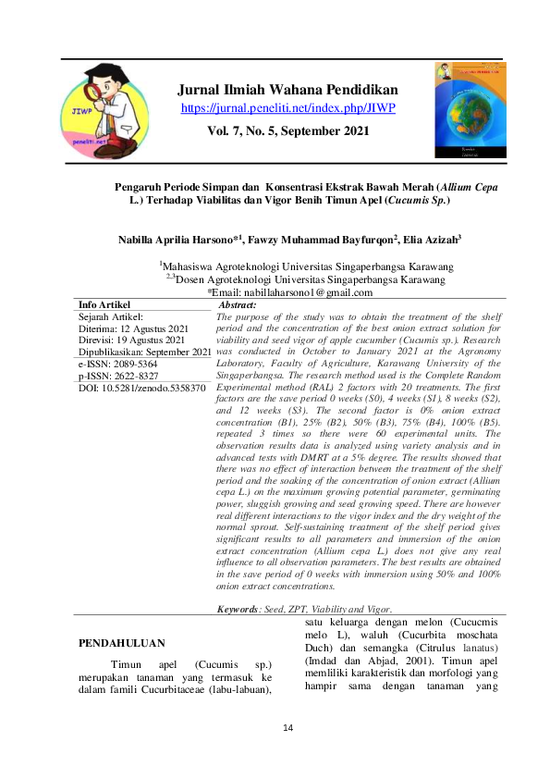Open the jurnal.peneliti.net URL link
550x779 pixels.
click(287, 108)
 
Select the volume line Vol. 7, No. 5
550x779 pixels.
click(287, 130)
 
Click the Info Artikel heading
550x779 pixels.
click(104, 304)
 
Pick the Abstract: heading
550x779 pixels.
click(236, 304)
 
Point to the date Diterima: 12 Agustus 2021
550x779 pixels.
click(135, 328)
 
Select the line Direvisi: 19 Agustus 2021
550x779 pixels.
click(135, 340)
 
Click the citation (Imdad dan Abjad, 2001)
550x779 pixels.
click(377, 662)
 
